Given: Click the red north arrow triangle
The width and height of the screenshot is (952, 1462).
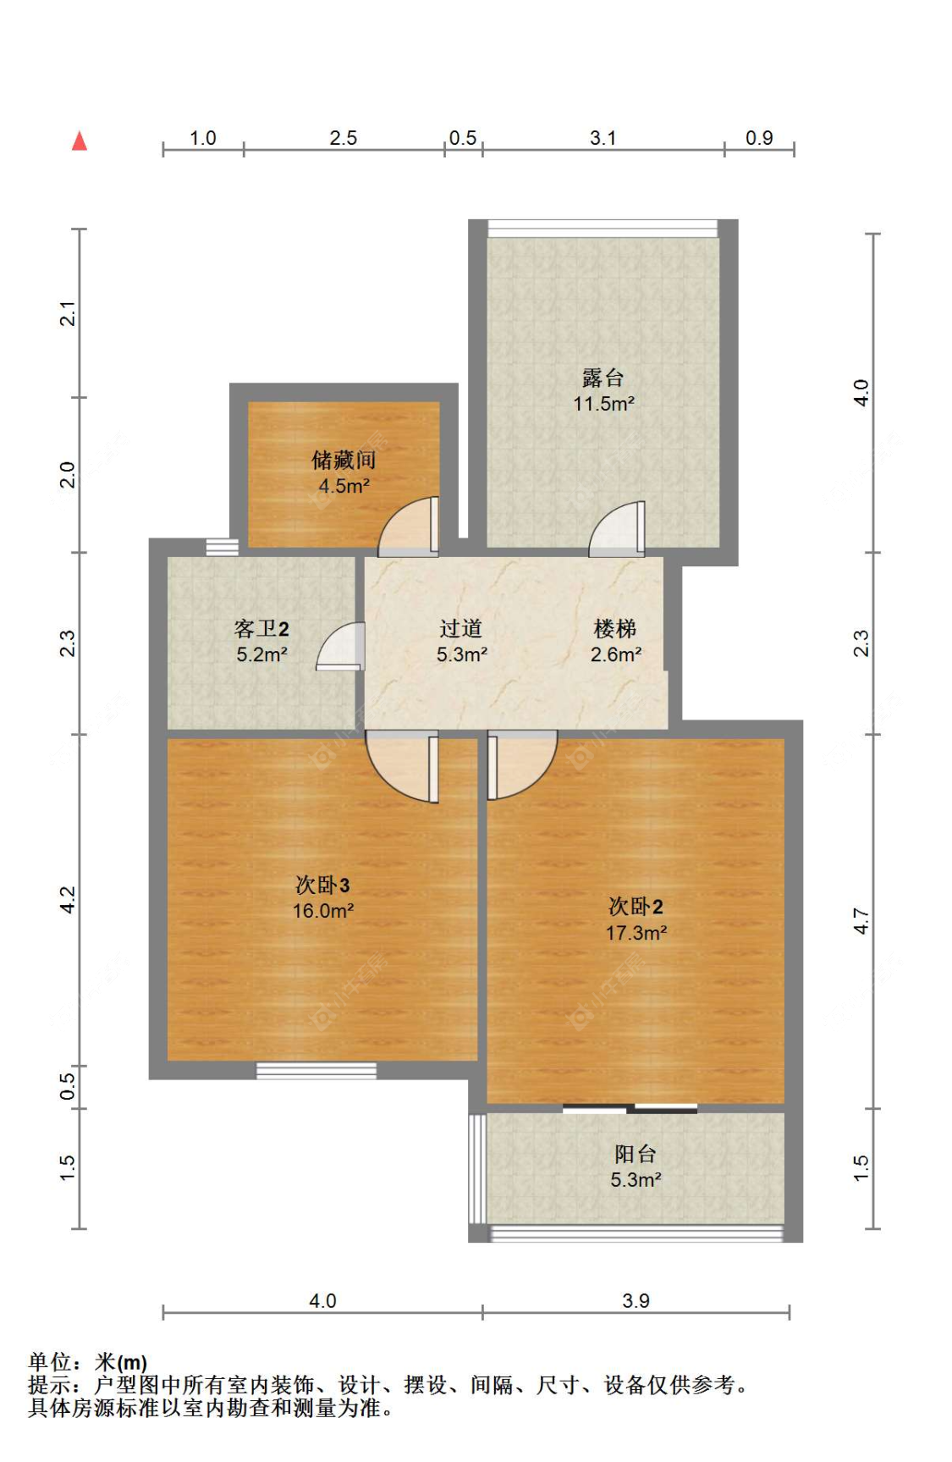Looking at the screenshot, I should point(80,141).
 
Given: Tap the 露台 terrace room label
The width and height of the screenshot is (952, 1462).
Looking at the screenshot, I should point(603,378).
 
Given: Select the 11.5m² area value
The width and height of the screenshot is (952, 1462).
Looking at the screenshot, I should point(603,404).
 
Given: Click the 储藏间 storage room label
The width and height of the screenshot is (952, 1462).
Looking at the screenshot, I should point(344,460).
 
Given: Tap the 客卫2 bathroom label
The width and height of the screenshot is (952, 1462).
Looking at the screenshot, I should point(261,628).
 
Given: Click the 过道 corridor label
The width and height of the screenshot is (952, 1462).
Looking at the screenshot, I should point(461,628).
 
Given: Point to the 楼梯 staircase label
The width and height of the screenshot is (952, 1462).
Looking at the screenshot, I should point(615,628).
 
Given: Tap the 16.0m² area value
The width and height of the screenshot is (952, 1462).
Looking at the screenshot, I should point(322,911).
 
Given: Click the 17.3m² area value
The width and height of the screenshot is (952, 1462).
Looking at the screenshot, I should point(636,933).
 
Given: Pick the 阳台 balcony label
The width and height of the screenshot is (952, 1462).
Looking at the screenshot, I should point(635,1153).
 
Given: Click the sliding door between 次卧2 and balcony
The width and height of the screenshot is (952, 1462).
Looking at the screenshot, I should point(630,1107).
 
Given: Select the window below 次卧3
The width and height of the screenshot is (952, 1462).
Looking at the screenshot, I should point(316,1071).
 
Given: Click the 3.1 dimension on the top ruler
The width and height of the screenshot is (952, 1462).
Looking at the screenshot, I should point(603,138).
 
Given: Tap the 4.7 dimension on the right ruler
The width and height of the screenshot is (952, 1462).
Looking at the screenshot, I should point(861,920).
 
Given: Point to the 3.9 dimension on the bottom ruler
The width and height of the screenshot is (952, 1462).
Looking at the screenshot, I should point(636,1300).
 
